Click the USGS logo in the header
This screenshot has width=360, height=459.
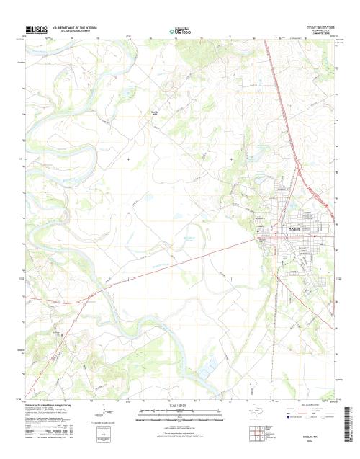[36, 30]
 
